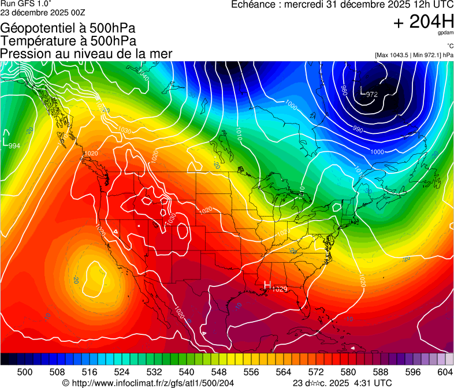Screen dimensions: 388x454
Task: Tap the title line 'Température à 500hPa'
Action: pyautogui.click(x=68, y=40)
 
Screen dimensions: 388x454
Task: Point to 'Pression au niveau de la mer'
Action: pyautogui.click(x=86, y=53)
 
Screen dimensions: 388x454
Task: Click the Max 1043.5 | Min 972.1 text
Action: pyautogui.click(x=414, y=55)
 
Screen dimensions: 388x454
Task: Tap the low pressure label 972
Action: pyautogui.click(x=371, y=94)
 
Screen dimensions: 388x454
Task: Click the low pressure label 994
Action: pyautogui.click(x=14, y=145)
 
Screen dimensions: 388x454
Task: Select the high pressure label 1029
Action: pyautogui.click(x=279, y=289)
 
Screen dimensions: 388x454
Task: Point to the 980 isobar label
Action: pyautogui.click(x=343, y=91)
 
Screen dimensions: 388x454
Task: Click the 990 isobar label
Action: pyautogui.click(x=358, y=129)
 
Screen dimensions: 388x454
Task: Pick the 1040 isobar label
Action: pyautogui.click(x=144, y=75)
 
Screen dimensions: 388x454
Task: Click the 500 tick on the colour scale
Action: pyautogui.click(x=25, y=372)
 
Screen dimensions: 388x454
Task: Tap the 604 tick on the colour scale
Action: pyautogui.click(x=445, y=372)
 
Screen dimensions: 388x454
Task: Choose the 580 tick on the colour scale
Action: pyautogui.click(x=348, y=372)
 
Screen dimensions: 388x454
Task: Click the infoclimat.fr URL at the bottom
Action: pyautogui.click(x=148, y=383)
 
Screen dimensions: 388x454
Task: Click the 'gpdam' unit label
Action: pyautogui.click(x=445, y=34)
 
